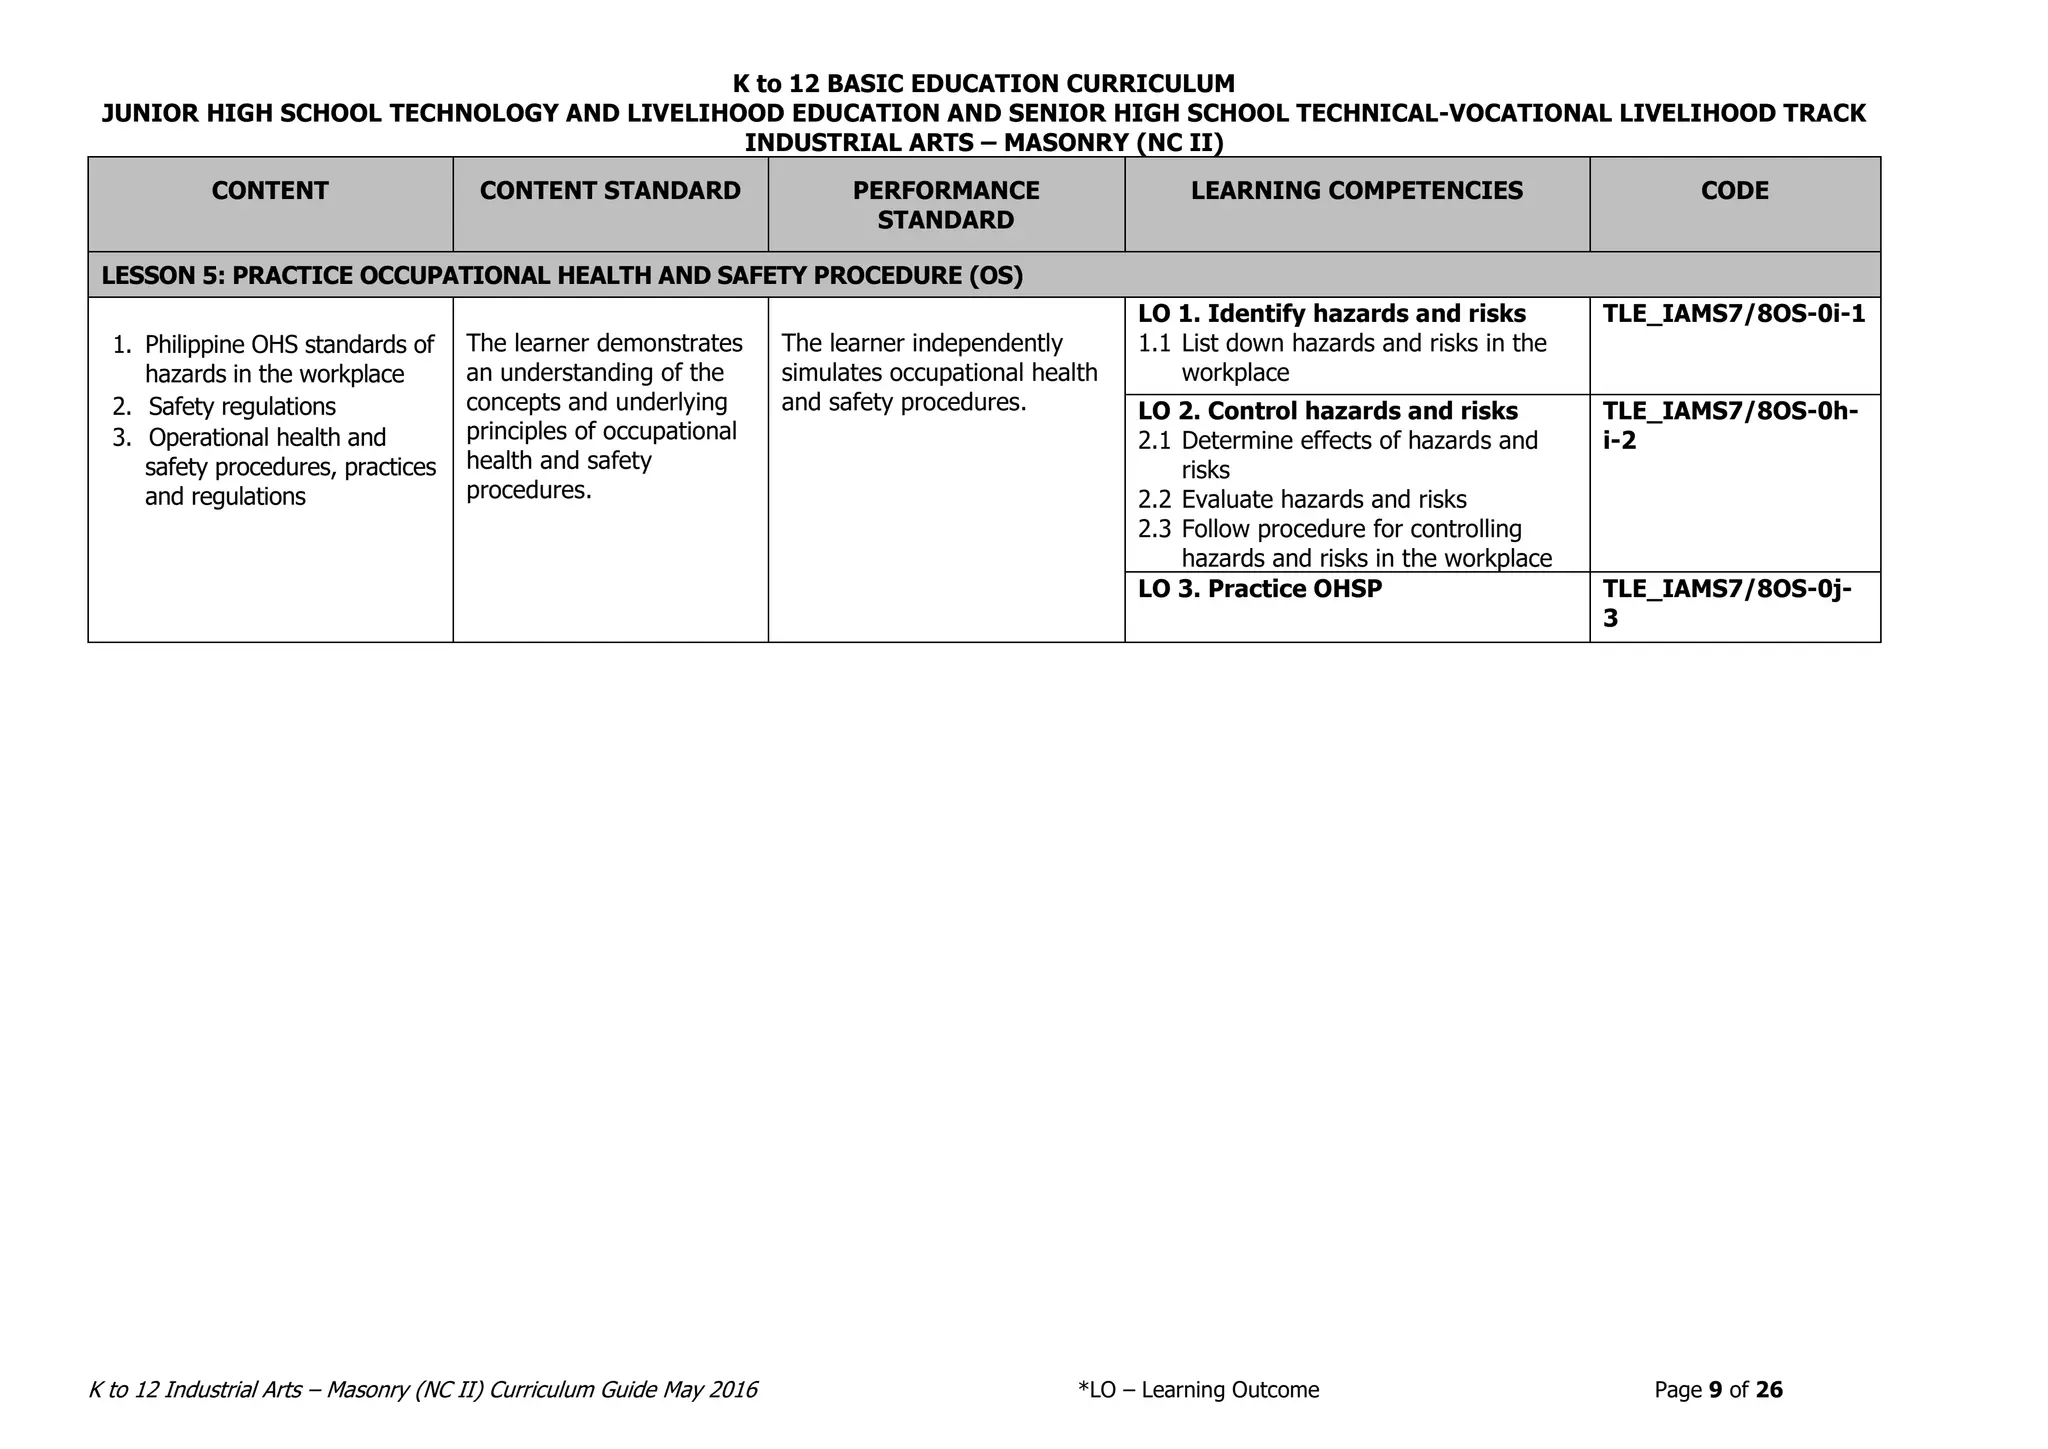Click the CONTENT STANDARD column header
610,191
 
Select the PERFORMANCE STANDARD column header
946,205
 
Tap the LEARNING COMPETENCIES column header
1357,191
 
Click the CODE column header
1734,191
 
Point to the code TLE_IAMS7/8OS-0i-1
1734,314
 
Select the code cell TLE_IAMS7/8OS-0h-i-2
1730,425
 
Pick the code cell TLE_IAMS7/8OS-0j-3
1727,603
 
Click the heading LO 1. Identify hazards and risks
1332,314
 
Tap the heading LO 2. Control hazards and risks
1328,411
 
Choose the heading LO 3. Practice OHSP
1260,589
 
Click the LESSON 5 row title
562,276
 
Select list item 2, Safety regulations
242,407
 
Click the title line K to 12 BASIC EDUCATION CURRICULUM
984,83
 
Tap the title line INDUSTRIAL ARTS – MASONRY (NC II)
984,143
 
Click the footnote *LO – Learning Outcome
1199,1390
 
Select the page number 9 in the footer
1715,1390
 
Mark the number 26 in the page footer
1769,1390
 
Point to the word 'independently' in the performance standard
987,343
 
